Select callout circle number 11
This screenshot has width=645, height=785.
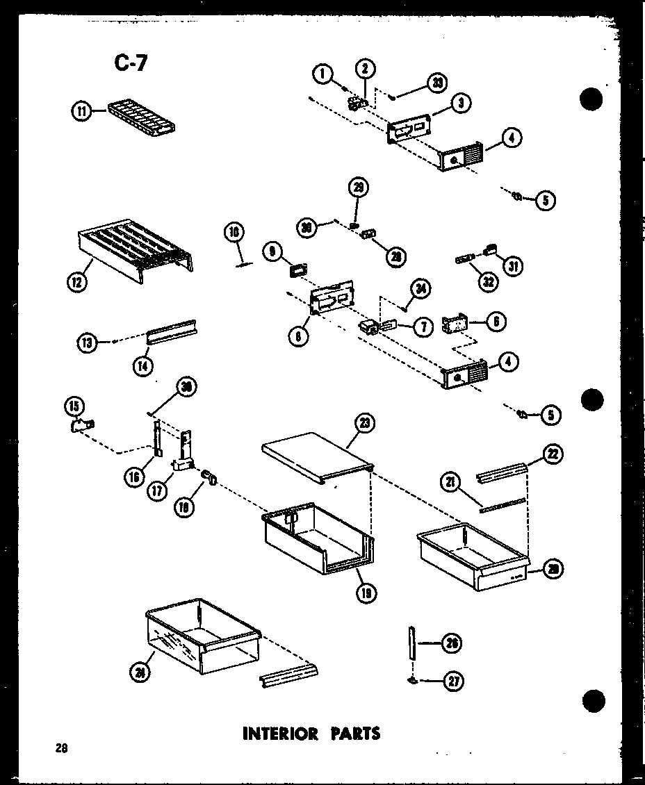(81, 111)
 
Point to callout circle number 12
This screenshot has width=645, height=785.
(78, 282)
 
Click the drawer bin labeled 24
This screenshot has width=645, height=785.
(202, 636)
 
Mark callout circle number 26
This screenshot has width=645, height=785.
(452, 644)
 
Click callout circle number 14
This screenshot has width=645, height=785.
(144, 365)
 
